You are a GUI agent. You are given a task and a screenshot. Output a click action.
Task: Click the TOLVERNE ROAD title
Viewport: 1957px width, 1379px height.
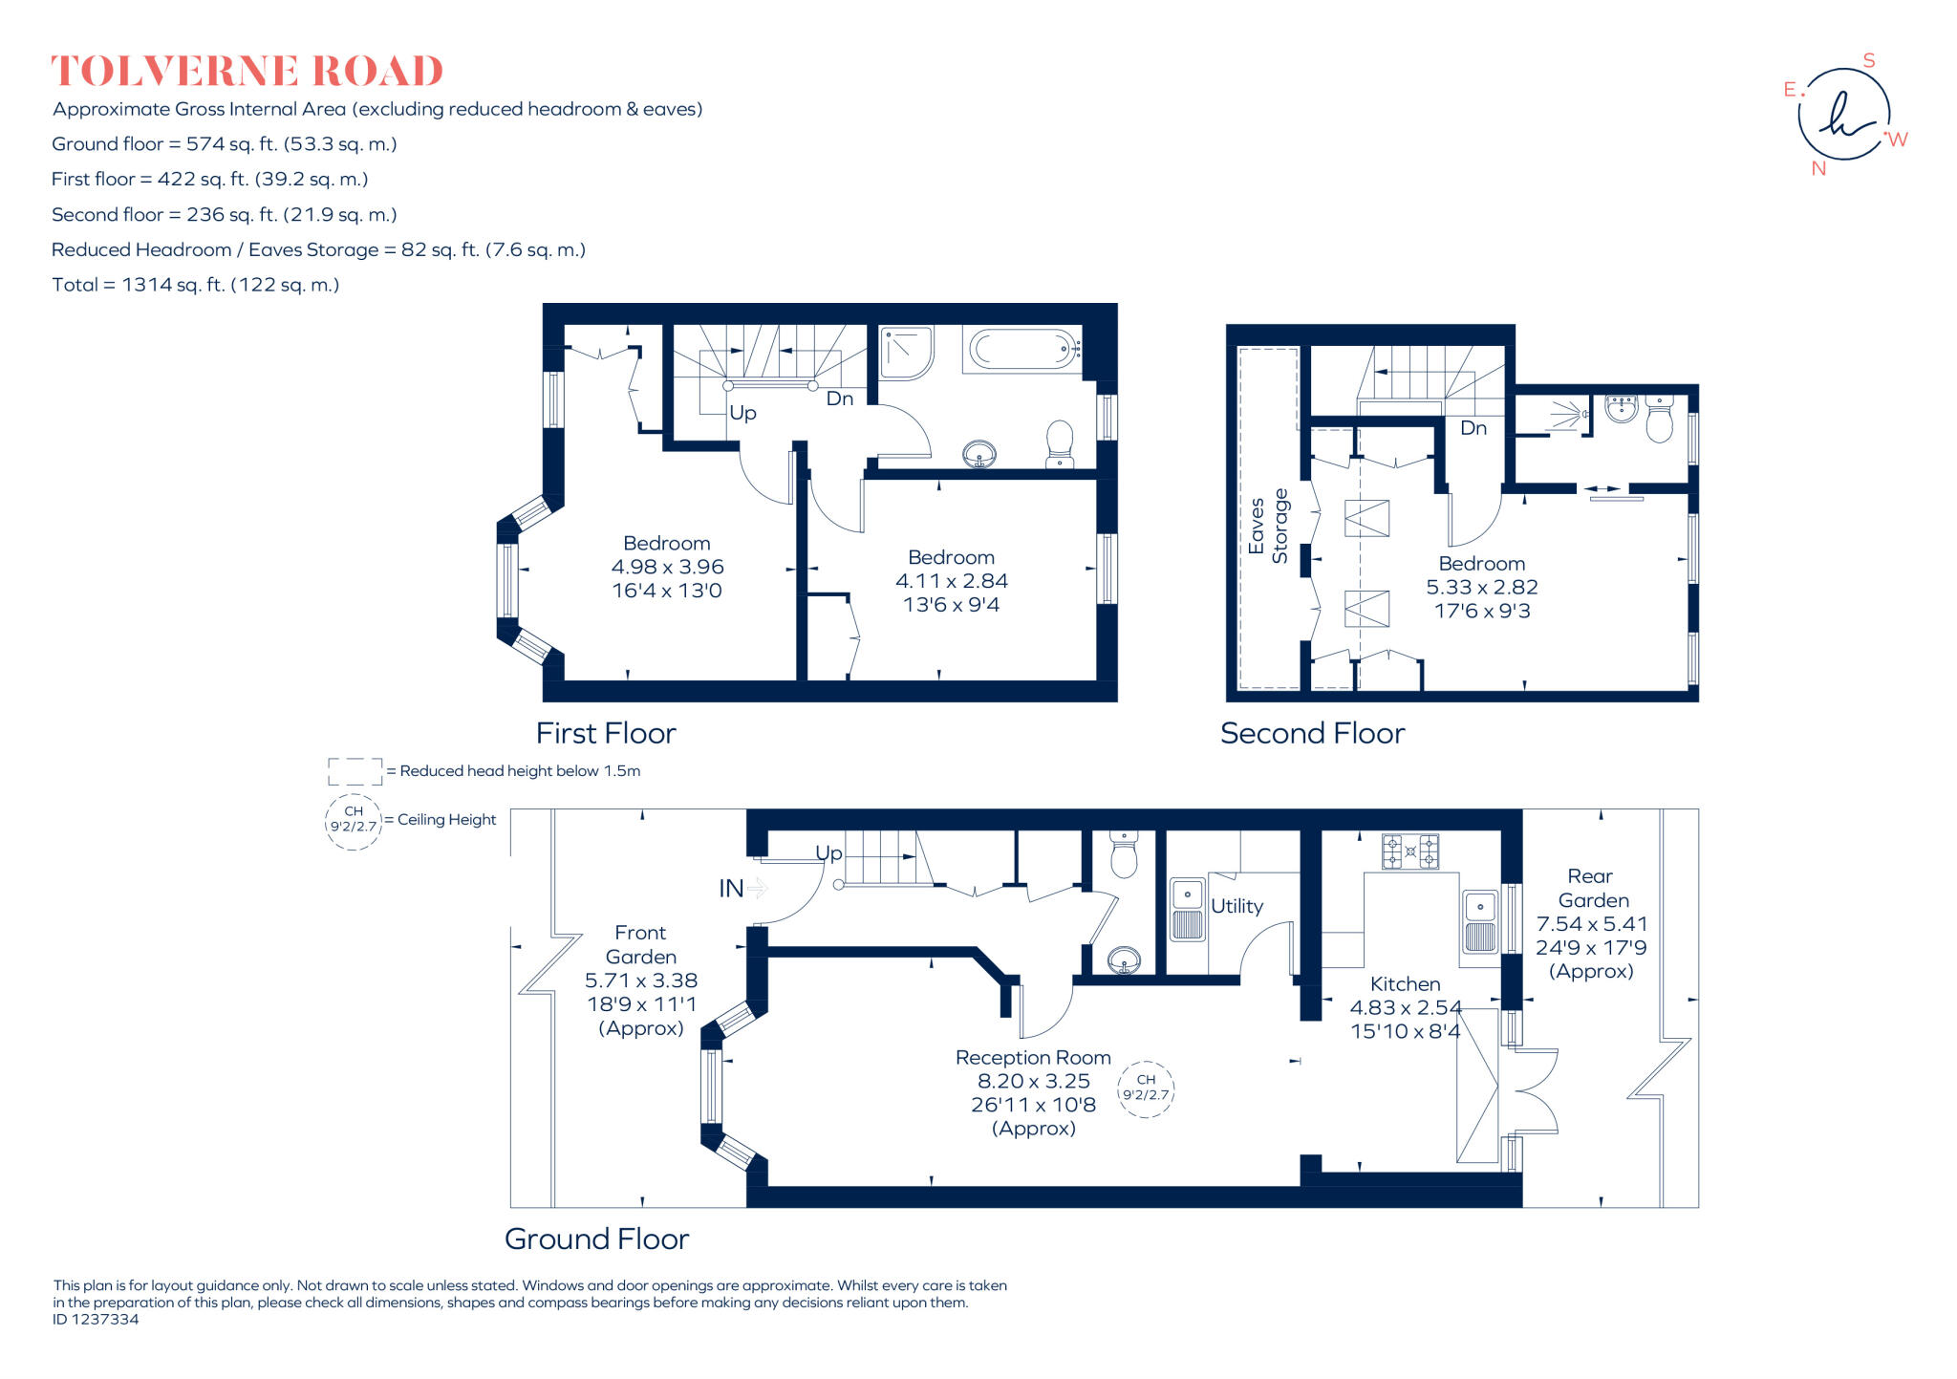tap(247, 72)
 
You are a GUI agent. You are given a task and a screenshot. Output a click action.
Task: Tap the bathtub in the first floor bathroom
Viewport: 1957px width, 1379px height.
tap(1023, 350)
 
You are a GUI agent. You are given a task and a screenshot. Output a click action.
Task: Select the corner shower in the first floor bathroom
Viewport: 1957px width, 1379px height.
tap(905, 351)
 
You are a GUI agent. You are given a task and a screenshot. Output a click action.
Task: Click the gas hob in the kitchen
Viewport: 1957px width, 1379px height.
tap(1410, 851)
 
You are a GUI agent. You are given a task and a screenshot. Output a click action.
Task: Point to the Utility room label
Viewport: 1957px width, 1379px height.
tap(1237, 906)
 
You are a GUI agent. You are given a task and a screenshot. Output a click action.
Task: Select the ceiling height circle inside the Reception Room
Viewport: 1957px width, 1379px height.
tap(1145, 1088)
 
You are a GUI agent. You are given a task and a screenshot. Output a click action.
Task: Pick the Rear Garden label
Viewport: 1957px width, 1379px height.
tap(1592, 889)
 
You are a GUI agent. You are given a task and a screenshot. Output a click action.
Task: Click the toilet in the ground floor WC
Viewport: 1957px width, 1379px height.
tap(1124, 855)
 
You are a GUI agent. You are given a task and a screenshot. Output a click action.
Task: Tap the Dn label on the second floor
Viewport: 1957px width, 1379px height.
tap(1473, 428)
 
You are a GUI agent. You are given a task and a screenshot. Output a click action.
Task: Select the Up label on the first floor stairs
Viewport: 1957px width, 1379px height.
tap(742, 413)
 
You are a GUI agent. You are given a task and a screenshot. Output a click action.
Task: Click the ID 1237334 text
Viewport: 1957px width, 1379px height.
tap(96, 1320)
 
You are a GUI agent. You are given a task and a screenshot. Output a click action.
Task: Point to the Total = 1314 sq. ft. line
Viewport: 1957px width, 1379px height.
tap(196, 285)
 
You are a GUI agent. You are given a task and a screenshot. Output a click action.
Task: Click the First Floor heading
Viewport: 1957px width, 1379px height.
tap(605, 733)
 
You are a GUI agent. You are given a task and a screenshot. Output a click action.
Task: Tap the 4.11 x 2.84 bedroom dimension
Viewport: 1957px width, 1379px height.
tap(951, 581)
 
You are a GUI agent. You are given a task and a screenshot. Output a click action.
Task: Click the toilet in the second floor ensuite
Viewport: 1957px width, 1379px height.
tap(1660, 420)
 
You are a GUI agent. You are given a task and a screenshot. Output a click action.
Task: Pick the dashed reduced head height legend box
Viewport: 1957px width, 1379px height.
tap(355, 771)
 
